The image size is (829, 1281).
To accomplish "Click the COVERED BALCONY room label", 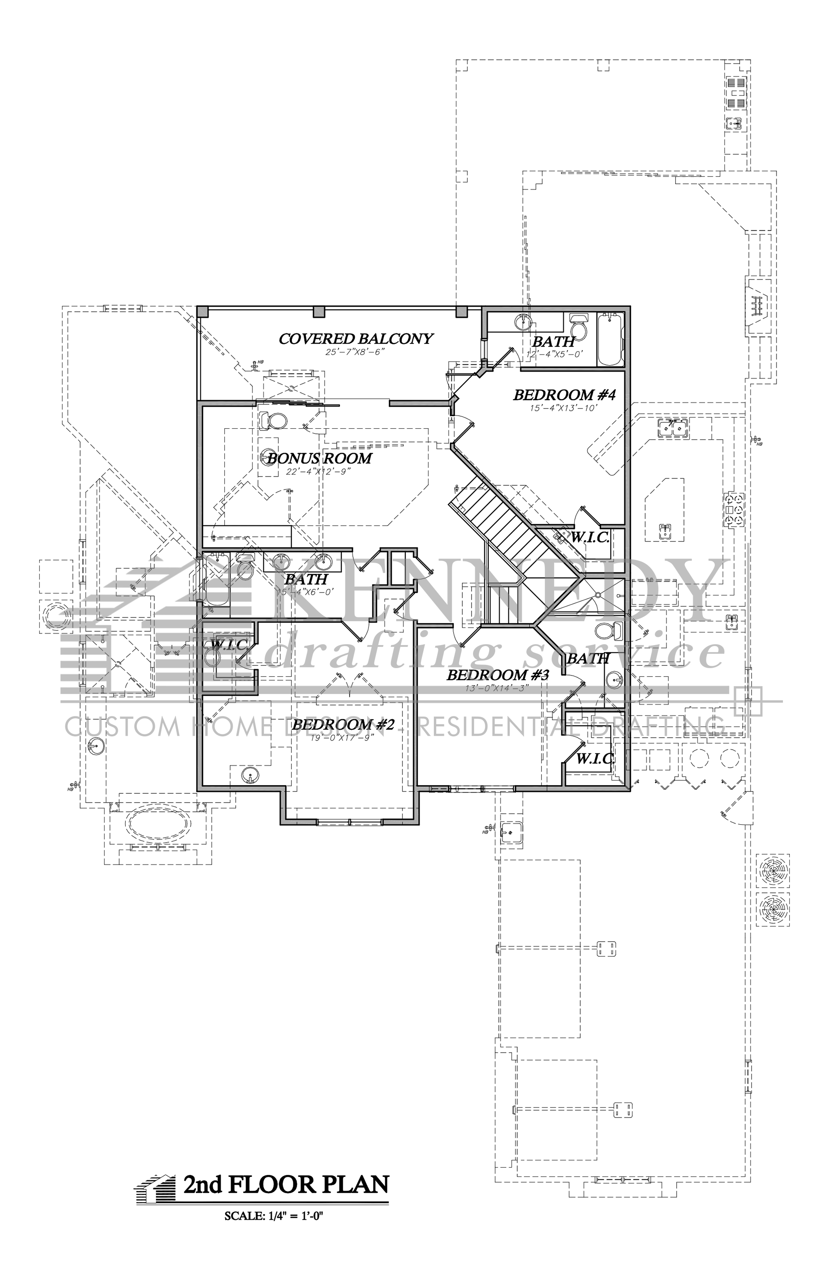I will click(x=356, y=338).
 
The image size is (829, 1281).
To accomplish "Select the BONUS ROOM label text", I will click(x=319, y=458).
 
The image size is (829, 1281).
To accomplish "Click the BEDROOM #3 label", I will click(x=497, y=675).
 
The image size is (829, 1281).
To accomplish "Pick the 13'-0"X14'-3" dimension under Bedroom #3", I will click(x=498, y=687).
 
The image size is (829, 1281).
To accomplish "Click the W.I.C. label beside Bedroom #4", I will click(x=590, y=537).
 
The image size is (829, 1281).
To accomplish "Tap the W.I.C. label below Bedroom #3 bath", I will click(x=595, y=759).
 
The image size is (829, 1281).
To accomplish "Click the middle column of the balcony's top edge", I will click(x=319, y=311).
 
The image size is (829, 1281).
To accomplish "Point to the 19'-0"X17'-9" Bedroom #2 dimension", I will click(x=342, y=738).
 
